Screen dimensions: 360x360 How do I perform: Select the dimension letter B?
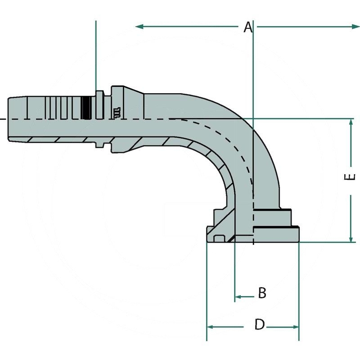[x=262, y=293]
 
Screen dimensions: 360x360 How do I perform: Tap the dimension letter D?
[x=259, y=324]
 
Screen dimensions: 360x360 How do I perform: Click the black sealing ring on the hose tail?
[x=86, y=107]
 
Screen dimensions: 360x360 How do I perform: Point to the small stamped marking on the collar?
[x=117, y=112]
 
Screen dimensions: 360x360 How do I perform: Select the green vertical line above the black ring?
[x=96, y=54]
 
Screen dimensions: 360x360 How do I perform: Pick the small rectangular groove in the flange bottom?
[x=219, y=238]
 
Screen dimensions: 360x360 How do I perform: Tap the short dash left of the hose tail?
[x=2, y=119]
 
